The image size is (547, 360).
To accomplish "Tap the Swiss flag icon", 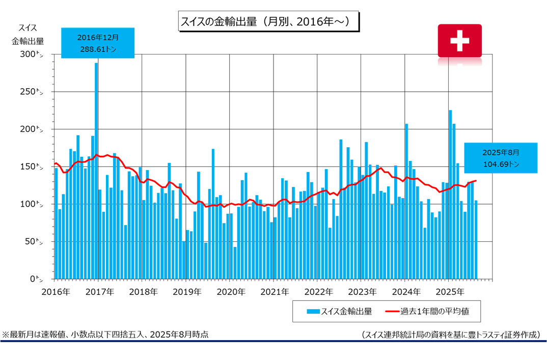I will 459,41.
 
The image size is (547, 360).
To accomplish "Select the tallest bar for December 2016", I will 96,171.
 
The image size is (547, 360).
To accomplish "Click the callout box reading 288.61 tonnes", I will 98,43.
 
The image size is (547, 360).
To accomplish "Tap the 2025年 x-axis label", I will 448,292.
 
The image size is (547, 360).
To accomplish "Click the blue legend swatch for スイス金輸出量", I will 313,311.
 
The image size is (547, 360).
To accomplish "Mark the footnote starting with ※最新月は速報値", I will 105,335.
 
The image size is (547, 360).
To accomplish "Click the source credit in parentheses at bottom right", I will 450,335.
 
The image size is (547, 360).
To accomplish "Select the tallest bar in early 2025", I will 450,195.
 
